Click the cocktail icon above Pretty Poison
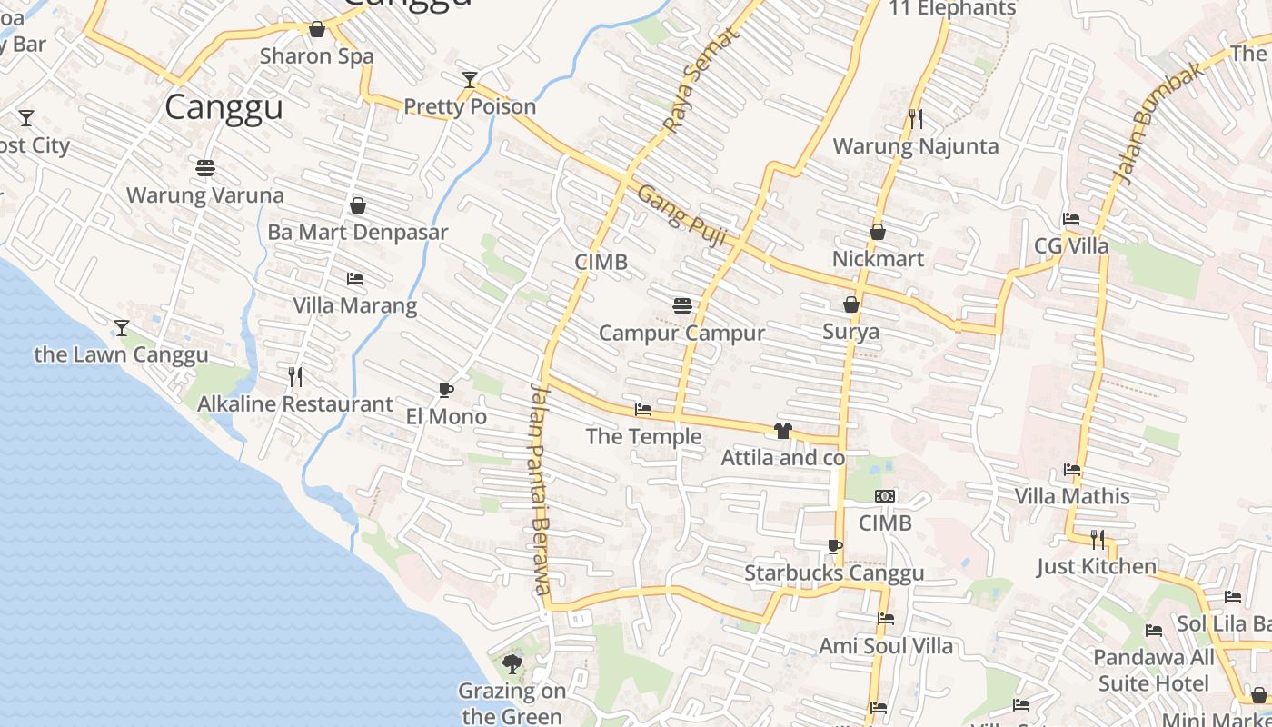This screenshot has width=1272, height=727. tap(469, 80)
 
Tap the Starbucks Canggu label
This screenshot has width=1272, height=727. tap(834, 573)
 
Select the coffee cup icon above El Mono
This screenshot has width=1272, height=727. tap(445, 390)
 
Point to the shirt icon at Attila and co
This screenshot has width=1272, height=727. tap(783, 430)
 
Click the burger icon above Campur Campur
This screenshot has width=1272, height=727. tap(682, 306)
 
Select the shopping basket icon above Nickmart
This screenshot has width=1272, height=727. tap(878, 232)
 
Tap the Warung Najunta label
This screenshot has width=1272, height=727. tap(915, 146)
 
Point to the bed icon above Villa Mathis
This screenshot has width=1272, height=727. tap(1072, 470)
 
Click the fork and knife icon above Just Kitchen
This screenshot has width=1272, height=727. tap(1098, 540)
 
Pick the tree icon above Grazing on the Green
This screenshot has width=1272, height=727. tap(512, 663)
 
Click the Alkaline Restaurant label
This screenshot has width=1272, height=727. tap(295, 404)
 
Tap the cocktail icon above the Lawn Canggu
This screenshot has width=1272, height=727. tap(121, 327)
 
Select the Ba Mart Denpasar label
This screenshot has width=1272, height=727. tap(358, 232)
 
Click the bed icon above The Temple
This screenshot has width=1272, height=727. tap(643, 410)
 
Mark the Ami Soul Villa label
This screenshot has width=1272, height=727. tap(886, 646)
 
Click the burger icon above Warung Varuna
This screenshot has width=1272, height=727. tap(205, 167)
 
